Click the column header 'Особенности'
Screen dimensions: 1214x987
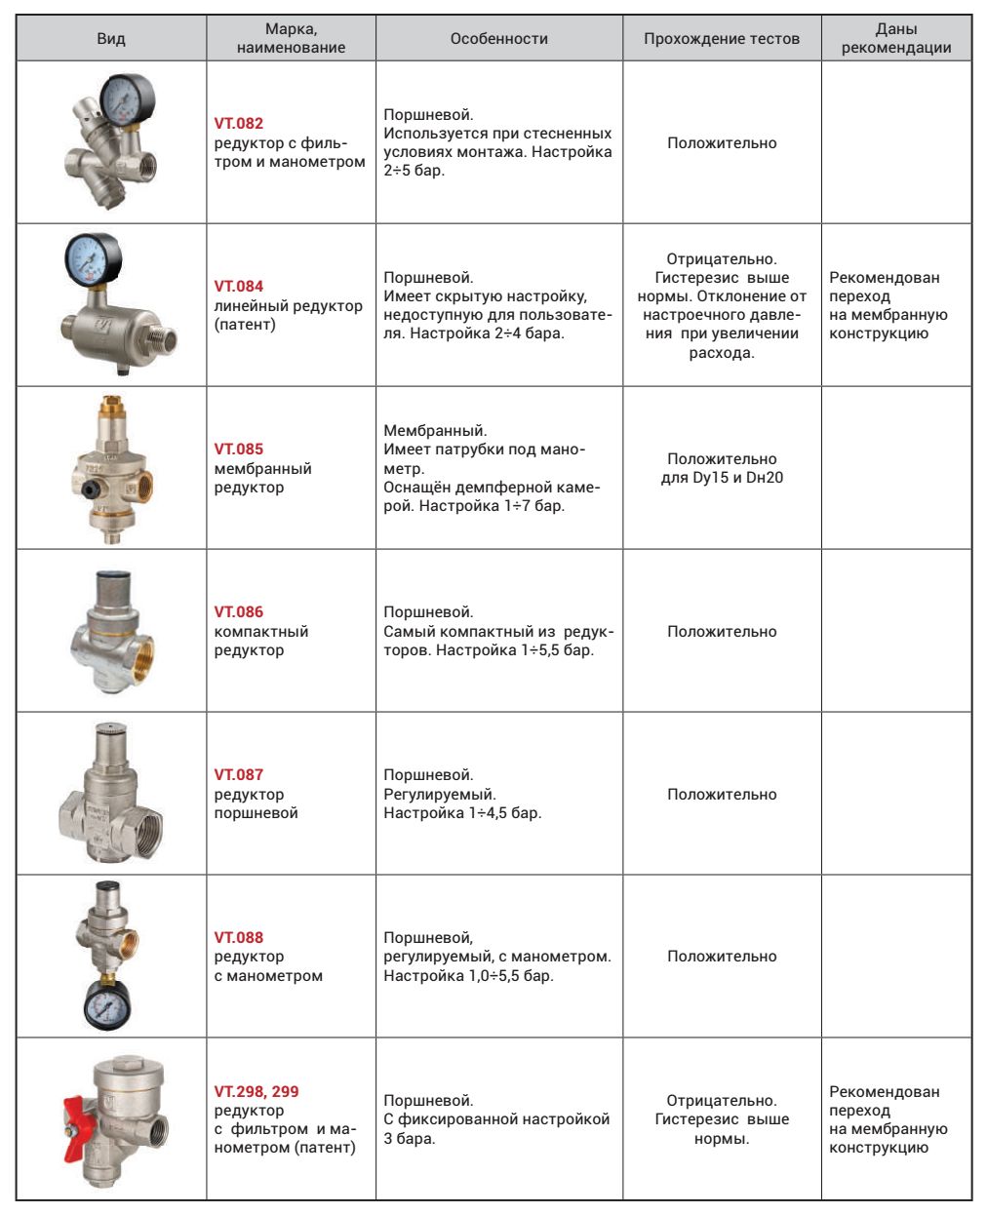point(498,39)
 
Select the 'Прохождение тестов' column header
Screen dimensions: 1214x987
point(721,39)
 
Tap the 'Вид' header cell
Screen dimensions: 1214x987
point(111,39)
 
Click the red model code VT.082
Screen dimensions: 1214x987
point(238,124)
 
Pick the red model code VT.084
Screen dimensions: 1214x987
point(238,287)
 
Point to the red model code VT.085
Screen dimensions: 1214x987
point(238,450)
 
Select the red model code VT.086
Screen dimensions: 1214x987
point(238,612)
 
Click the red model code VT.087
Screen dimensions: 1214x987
point(238,775)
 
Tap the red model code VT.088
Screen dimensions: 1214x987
point(238,938)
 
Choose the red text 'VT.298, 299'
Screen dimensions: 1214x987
point(257,1092)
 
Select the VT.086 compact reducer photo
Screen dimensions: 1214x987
point(112,631)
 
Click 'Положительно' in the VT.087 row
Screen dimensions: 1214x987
point(722,795)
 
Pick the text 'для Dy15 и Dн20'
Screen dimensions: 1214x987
point(722,478)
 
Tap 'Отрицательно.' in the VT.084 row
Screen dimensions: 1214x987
point(722,259)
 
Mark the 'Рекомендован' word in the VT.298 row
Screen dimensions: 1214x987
point(884,1092)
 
